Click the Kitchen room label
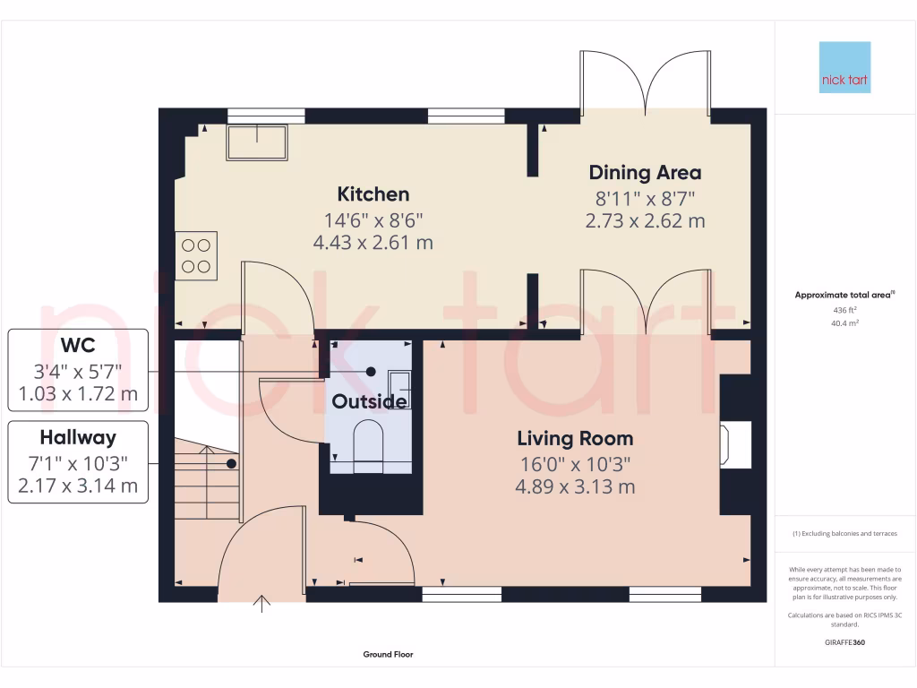pos(373,194)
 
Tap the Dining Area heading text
pos(645,173)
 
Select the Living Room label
pos(575,439)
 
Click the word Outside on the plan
pos(369,402)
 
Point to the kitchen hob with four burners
pos(197,254)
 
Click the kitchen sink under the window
pos(258,142)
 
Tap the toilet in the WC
pos(368,446)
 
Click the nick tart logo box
pos(844,68)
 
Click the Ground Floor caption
pos(388,655)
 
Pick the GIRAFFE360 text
pos(844,642)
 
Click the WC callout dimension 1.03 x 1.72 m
pos(79,393)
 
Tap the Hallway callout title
pos(78,438)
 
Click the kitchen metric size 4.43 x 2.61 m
pos(373,242)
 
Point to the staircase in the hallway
pos(207,479)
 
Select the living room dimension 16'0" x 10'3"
pos(575,464)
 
